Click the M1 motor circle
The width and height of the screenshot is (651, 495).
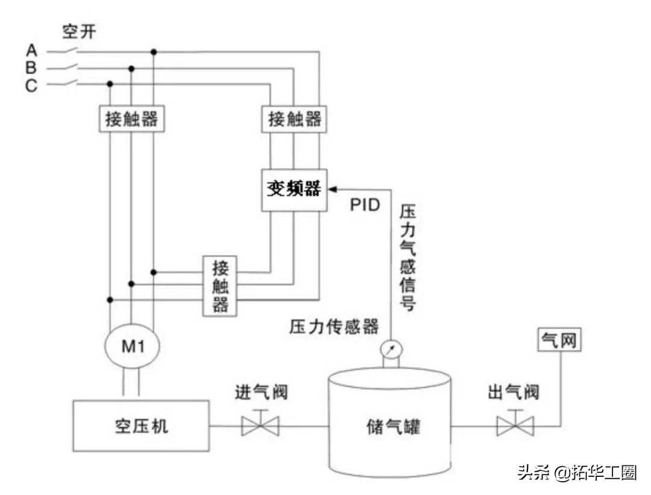(x=132, y=345)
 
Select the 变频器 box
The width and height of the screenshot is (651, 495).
(x=294, y=190)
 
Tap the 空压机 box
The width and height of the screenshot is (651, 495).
(x=141, y=426)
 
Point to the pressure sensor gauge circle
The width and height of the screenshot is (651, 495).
(x=391, y=350)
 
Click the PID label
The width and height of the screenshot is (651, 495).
(x=365, y=205)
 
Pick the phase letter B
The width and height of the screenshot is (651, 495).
(x=31, y=68)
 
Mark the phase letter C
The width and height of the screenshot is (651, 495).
(x=31, y=85)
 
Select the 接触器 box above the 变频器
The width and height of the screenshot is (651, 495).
(x=294, y=119)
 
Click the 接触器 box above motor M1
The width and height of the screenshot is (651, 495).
(x=131, y=119)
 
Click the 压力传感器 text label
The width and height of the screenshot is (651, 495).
(x=333, y=328)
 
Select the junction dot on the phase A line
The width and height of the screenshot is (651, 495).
(x=154, y=52)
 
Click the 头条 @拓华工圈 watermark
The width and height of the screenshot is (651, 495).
(x=576, y=472)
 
